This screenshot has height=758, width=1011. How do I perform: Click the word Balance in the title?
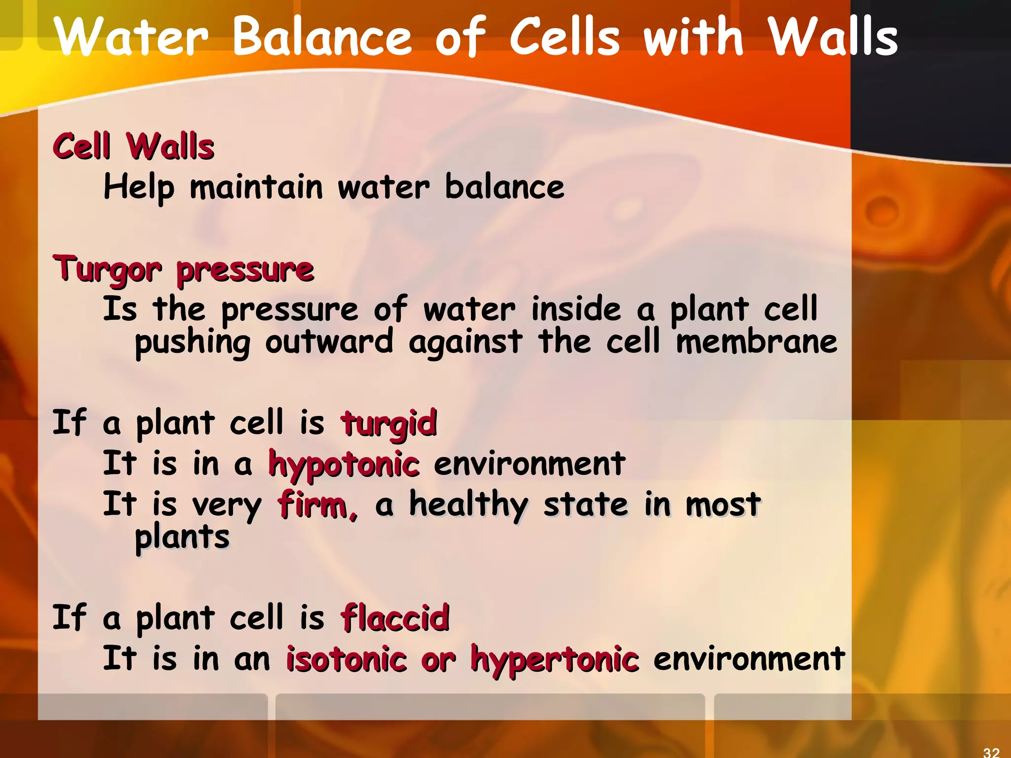(322, 38)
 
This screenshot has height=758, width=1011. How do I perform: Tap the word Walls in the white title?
(833, 38)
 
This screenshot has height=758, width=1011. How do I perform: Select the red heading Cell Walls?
(133, 147)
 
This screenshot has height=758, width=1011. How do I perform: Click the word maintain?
(256, 188)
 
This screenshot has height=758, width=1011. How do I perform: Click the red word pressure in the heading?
(245, 271)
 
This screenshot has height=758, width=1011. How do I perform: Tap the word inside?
(576, 309)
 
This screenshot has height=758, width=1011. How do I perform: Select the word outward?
(329, 342)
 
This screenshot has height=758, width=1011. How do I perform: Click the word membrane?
(756, 342)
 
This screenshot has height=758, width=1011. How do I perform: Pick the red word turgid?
(389, 424)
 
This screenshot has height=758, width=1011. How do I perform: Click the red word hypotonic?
(344, 465)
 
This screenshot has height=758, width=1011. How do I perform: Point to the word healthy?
(468, 505)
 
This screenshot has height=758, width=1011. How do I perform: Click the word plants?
(182, 537)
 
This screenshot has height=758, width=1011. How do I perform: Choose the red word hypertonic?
(554, 660)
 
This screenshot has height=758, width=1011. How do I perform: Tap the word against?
(465, 342)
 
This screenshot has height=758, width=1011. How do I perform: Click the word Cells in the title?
(564, 38)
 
